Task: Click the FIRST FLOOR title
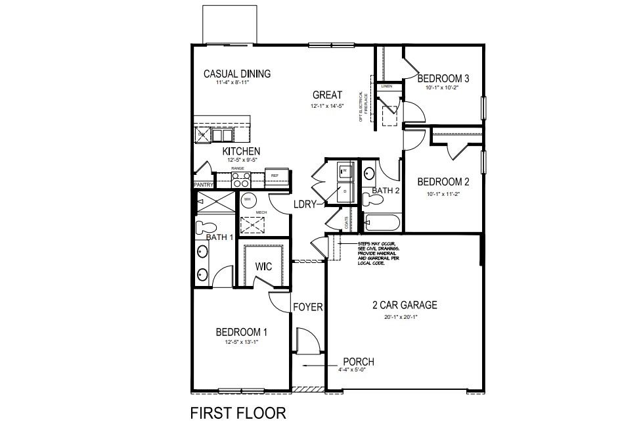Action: point(238,413)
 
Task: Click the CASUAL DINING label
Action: point(237,74)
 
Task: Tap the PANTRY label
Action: point(203,185)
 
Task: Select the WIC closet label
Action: point(264,267)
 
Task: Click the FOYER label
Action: point(307,307)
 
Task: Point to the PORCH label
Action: point(358,362)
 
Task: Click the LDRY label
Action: point(306,204)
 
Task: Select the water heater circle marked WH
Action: point(248,199)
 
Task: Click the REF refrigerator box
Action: point(275,176)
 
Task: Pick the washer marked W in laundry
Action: point(345,172)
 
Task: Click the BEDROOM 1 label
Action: point(241,332)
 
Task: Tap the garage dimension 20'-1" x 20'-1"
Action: point(401,317)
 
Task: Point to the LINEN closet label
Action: point(386,86)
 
